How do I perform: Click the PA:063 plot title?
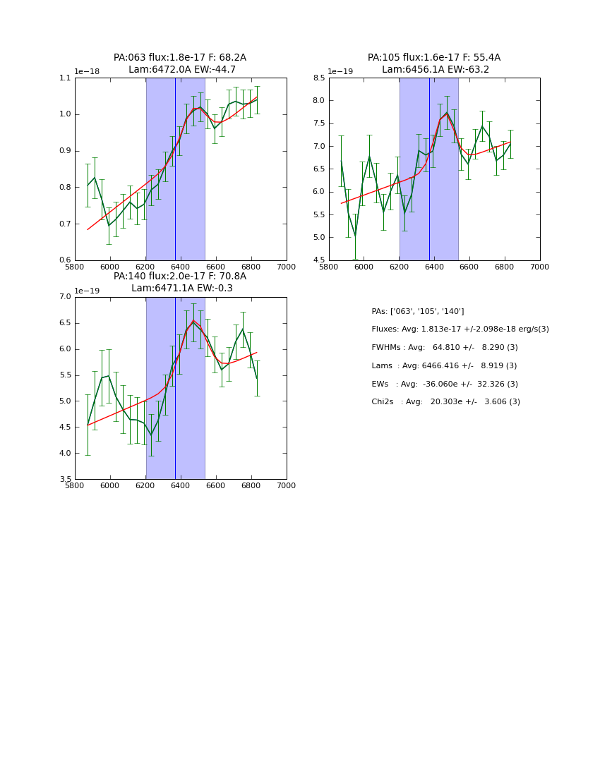[x=180, y=63]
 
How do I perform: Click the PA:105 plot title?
[x=434, y=63]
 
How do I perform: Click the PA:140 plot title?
[x=180, y=282]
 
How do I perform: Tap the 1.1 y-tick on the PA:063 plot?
[x=65, y=78]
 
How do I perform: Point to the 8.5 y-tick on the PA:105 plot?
[x=318, y=78]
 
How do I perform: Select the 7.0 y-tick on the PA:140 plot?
[x=65, y=297]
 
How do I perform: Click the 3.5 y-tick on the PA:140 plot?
[x=65, y=480]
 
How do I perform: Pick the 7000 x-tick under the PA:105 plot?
[x=539, y=266]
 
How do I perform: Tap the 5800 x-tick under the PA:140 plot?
[x=75, y=485]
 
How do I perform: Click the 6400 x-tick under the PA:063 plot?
[x=181, y=266]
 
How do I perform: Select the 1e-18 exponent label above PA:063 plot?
[x=88, y=72]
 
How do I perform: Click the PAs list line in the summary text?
[x=418, y=311]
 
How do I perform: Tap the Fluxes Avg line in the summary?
[x=460, y=329]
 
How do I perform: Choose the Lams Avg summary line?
[x=444, y=365]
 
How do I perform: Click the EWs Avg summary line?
[x=445, y=384]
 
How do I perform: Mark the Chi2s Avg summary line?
[x=445, y=401]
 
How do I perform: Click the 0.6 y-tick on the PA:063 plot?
[x=65, y=260]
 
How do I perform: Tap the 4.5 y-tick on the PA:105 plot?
[x=318, y=260]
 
